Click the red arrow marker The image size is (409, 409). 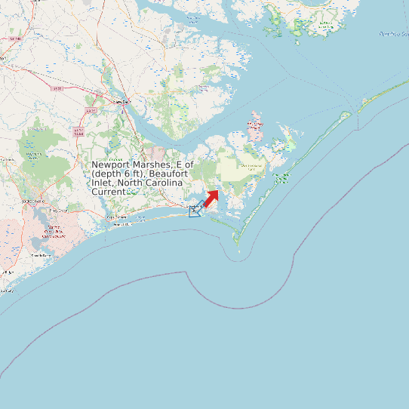point(211,198)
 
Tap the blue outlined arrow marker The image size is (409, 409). point(195,211)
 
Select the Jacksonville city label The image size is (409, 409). point(34,201)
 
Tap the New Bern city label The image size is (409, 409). point(121,100)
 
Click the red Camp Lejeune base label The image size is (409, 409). point(45,230)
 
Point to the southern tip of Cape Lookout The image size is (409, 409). point(237,244)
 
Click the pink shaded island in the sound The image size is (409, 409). point(255,128)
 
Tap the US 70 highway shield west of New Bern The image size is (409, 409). point(57,89)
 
